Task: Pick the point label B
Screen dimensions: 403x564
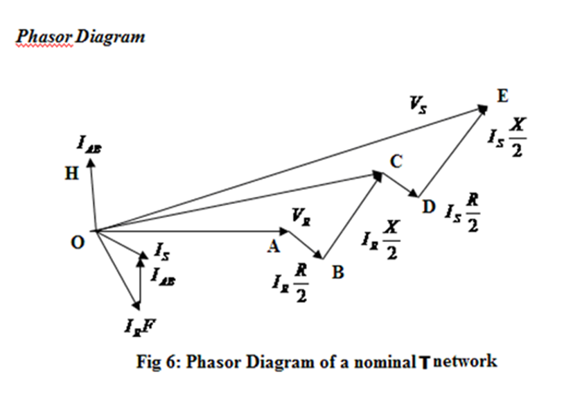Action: (337, 273)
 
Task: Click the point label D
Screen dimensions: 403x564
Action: (428, 206)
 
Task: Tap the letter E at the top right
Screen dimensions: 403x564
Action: (502, 96)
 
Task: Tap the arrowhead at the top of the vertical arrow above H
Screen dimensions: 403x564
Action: (89, 159)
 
